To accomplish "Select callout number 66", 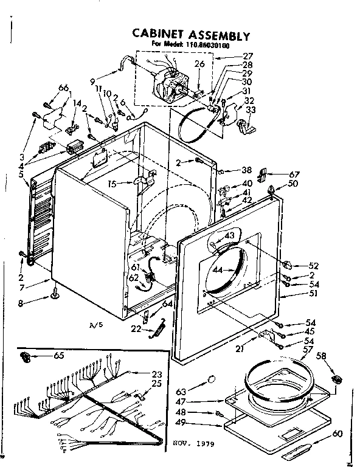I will pyautogui.click(x=63, y=88).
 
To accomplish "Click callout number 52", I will pyautogui.click(x=314, y=266).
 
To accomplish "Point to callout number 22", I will pyautogui.click(x=136, y=328).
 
